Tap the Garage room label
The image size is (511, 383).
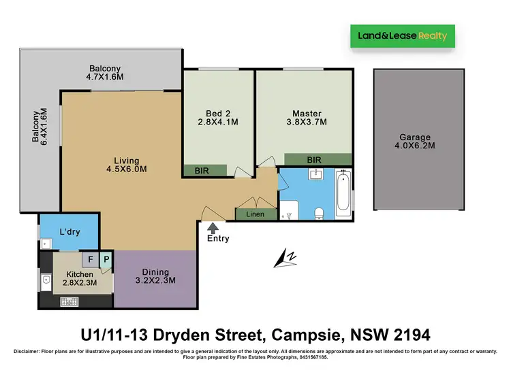tap(415, 137)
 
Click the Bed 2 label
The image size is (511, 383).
tap(217, 114)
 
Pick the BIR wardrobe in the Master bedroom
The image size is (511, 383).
tap(314, 159)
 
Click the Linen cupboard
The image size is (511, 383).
tap(255, 214)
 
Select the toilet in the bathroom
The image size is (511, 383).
tap(318, 214)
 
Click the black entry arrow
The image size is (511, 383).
tap(214, 226)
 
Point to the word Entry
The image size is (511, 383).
tap(218, 239)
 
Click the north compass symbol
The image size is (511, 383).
tap(285, 258)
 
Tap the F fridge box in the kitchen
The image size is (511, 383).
tap(90, 259)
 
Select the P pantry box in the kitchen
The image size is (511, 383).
tap(106, 259)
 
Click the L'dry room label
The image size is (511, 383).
tap(69, 232)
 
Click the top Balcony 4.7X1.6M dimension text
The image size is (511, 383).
tap(105, 78)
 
